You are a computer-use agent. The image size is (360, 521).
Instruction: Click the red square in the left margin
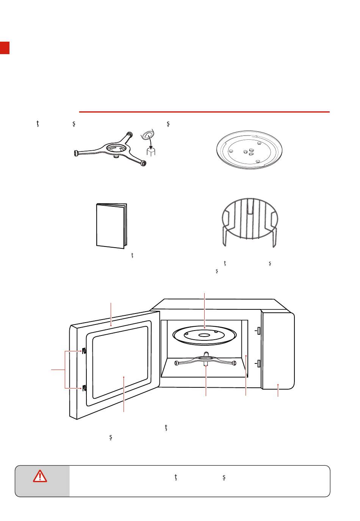(x=5, y=47)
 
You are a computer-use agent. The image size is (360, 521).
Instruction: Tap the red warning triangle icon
(x=40, y=476)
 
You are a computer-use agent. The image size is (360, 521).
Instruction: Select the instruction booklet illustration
(x=111, y=226)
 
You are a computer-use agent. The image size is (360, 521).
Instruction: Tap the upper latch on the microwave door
(x=84, y=351)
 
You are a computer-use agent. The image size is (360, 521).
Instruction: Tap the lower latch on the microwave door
(x=84, y=388)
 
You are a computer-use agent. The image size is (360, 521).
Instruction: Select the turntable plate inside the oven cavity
(x=205, y=334)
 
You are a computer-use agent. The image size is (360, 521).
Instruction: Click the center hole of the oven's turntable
(x=205, y=335)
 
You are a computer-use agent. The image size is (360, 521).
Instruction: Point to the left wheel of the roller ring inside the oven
(x=177, y=363)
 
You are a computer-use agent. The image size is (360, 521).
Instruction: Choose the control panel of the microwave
(x=277, y=350)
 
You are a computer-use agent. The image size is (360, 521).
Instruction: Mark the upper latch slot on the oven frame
(x=258, y=331)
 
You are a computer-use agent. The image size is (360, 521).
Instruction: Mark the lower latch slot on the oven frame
(x=258, y=364)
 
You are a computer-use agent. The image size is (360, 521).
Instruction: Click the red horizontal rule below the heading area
(x=204, y=112)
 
